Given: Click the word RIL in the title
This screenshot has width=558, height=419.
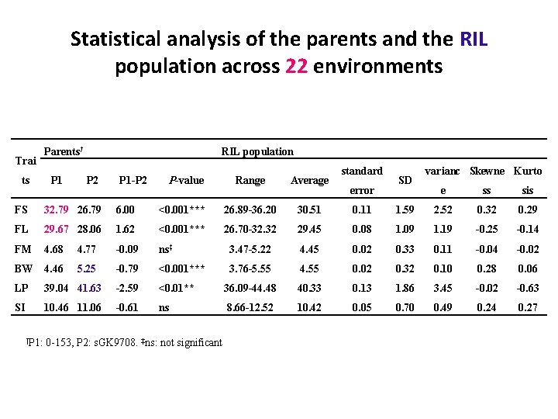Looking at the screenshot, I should pyautogui.click(x=474, y=39).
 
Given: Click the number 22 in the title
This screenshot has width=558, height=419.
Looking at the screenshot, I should pyautogui.click(x=297, y=67).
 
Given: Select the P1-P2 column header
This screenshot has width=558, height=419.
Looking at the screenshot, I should pyautogui.click(x=133, y=180).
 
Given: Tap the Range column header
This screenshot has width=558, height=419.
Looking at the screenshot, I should pyautogui.click(x=250, y=180).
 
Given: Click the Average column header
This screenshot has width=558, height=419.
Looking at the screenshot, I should pyautogui.click(x=309, y=180).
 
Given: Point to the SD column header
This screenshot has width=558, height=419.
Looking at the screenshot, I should pyautogui.click(x=405, y=180).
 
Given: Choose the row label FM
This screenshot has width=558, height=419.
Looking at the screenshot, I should pyautogui.click(x=22, y=250).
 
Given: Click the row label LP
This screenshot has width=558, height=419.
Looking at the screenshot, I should pyautogui.click(x=21, y=289).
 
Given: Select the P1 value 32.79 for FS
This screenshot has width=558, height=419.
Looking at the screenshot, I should pyautogui.click(x=57, y=209).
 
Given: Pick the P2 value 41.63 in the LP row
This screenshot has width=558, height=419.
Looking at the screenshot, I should pyautogui.click(x=90, y=289).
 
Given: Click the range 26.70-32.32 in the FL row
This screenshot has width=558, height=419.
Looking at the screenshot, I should pyautogui.click(x=250, y=230).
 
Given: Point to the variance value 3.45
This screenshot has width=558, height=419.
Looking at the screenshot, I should pyautogui.click(x=443, y=289).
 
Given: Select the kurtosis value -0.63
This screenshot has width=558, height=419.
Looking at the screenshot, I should pyautogui.click(x=528, y=289).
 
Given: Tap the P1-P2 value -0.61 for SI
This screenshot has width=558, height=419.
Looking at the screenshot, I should pyautogui.click(x=128, y=308).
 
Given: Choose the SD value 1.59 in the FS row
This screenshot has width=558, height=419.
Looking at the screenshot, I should pyautogui.click(x=405, y=209).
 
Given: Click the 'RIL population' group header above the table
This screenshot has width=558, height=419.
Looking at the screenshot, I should pyautogui.click(x=257, y=151).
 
